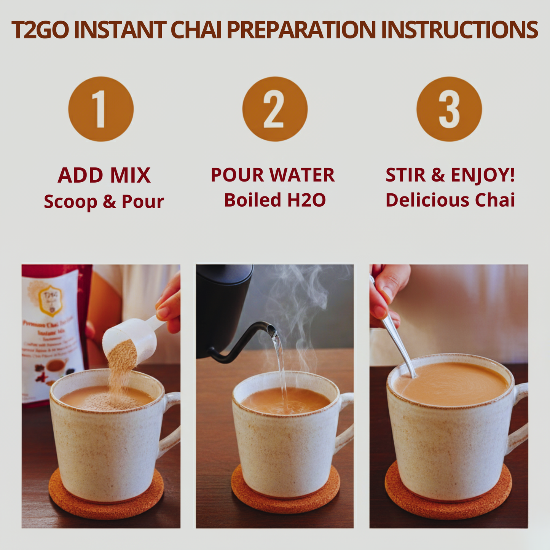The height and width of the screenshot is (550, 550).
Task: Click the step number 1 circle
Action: pyautogui.click(x=101, y=109)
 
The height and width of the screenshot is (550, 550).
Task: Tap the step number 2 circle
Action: pyautogui.click(x=275, y=109)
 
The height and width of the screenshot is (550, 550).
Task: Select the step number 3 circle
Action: pyautogui.click(x=449, y=109)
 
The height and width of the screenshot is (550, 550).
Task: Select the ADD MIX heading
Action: pyautogui.click(x=104, y=175)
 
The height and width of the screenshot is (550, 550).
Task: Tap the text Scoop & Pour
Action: pyautogui.click(x=104, y=201)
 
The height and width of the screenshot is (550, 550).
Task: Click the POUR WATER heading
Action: pyautogui.click(x=273, y=175)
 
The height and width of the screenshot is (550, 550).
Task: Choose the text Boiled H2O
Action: pyautogui.click(x=275, y=200)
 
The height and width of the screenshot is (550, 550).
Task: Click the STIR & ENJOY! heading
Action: pyautogui.click(x=450, y=175)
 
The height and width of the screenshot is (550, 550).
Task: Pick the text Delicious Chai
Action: pyautogui.click(x=450, y=200)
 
